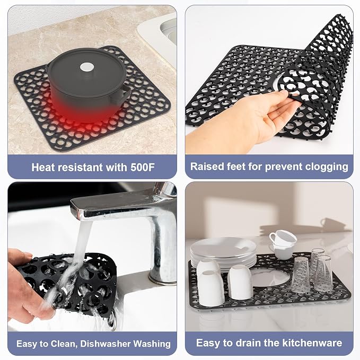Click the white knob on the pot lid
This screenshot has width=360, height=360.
tap(87, 67)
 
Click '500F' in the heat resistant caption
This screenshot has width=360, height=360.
tap(143, 168)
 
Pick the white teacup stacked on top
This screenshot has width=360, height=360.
tap(283, 238)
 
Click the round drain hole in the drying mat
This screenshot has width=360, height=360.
tap(270, 278)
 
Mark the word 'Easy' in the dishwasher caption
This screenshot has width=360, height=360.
tap(27, 344)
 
